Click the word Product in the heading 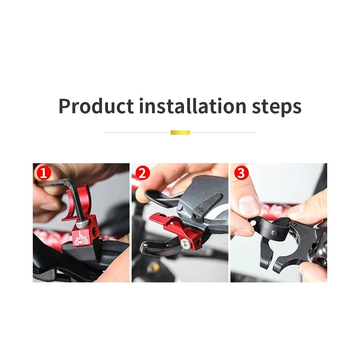coord(96,106)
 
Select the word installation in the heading coord(193,106)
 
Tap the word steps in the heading coord(276,107)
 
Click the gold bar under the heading coord(180,132)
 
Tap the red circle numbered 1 coord(44,173)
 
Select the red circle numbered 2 coord(142,173)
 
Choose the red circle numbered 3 coord(241,173)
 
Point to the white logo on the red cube coord(82,238)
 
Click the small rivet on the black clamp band coord(274,232)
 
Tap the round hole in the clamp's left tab coord(253,223)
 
